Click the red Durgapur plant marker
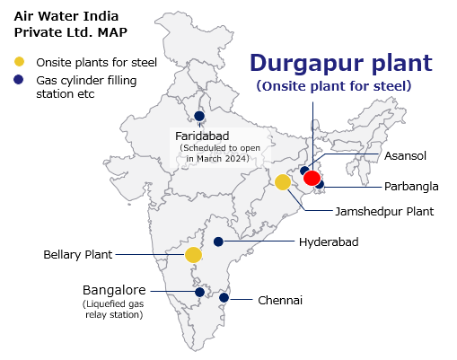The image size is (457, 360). coord(312,178)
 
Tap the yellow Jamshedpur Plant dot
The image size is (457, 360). coord(283,182)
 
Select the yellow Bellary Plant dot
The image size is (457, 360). coord(193,255)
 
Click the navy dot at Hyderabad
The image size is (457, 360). coord(218,241)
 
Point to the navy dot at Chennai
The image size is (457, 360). coord(224,298)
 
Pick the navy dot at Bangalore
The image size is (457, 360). coord(199,292)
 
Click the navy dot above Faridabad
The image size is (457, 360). coord(198,115)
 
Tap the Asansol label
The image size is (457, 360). coord(404,155)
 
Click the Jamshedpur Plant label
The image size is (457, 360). coord(384,212)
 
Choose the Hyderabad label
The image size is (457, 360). coord(328,242)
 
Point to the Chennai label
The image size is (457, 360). coord(279,300)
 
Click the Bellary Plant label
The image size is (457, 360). coord(78,255)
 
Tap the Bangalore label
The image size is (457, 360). coord(114,291)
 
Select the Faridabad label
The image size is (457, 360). coord(207,136)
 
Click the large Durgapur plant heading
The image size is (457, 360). coord(340,63)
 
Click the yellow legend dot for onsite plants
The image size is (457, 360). coord(19,62)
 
